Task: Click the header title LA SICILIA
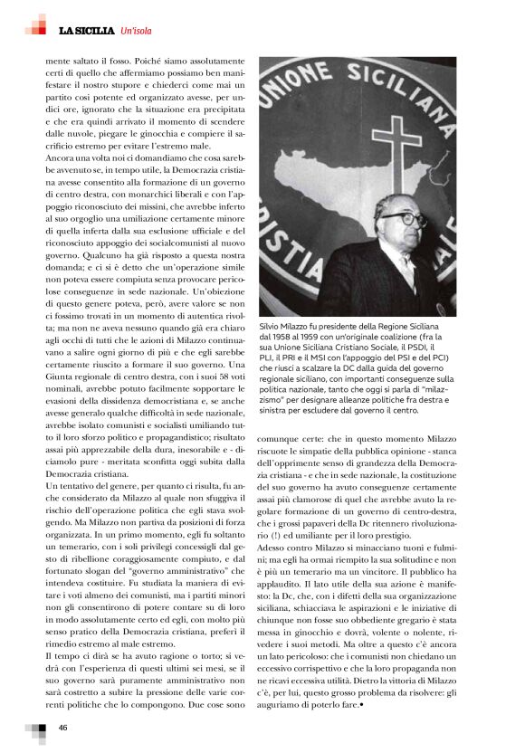87,31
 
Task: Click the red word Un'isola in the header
137,31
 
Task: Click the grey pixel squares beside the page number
36,729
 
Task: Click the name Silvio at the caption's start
271,324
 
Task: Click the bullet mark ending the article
361,703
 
